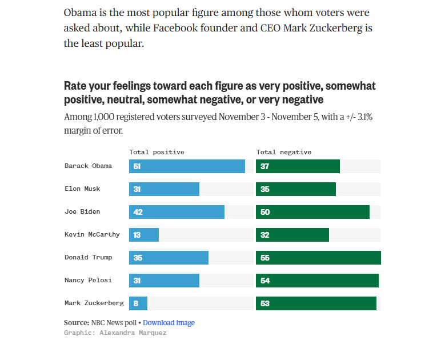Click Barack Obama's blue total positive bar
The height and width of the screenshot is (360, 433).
point(187,166)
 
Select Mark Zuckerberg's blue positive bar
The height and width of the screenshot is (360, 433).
point(138,303)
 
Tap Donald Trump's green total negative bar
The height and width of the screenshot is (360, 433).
point(318,258)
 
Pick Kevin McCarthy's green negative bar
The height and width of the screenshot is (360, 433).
point(292,235)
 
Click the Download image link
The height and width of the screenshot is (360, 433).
point(169,323)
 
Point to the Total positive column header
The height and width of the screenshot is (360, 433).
point(157,152)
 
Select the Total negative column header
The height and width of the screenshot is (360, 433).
point(284,152)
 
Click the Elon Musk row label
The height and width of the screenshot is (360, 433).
point(82,189)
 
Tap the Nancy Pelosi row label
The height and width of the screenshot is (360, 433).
point(88,280)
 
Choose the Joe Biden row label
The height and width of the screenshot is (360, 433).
point(82,211)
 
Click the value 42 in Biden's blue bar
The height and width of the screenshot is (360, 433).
point(138,212)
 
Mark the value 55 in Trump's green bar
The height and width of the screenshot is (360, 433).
point(265,258)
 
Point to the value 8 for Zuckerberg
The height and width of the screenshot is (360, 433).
point(136,303)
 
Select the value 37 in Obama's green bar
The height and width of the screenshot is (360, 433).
point(265,166)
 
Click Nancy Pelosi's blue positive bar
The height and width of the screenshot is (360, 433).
point(164,281)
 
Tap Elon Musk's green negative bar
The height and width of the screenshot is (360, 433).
point(296,189)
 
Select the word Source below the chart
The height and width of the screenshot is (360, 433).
point(76,323)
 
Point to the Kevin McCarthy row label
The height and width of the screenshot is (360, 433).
point(92,234)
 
